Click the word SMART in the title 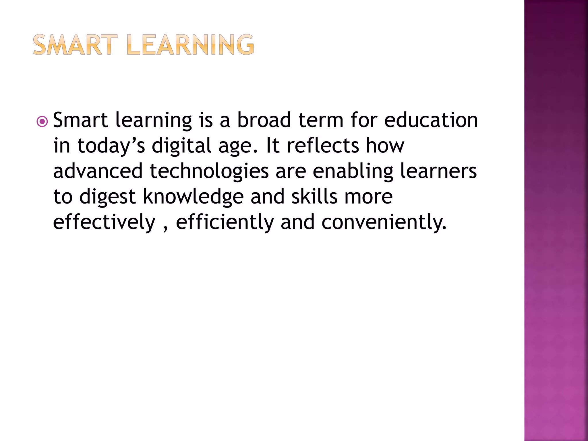[75, 45]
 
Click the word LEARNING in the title [190, 45]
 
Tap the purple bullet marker [42, 122]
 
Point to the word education [431, 120]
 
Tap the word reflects [323, 145]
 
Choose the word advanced [98, 171]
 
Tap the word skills [314, 197]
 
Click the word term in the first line [321, 120]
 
